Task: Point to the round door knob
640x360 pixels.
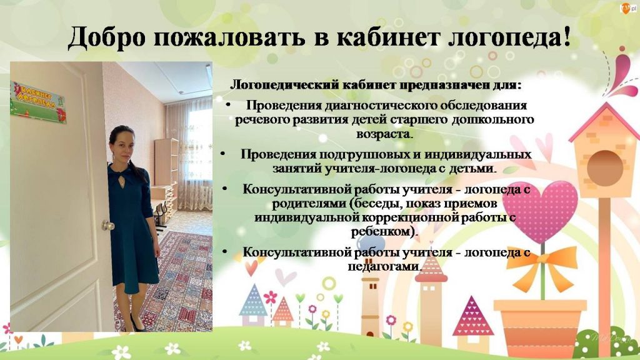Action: click(x=107, y=225)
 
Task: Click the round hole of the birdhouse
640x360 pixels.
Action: click(x=605, y=168)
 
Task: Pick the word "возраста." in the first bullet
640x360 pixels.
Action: click(x=384, y=134)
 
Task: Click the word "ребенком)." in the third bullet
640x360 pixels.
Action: click(x=384, y=232)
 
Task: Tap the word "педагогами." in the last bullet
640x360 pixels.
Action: click(x=384, y=266)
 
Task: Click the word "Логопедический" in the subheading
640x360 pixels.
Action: click(x=284, y=85)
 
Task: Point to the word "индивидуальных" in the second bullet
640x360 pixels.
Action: click(x=478, y=155)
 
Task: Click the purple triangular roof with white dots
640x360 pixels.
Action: click(x=472, y=311)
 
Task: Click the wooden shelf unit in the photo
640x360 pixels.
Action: click(x=166, y=171)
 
